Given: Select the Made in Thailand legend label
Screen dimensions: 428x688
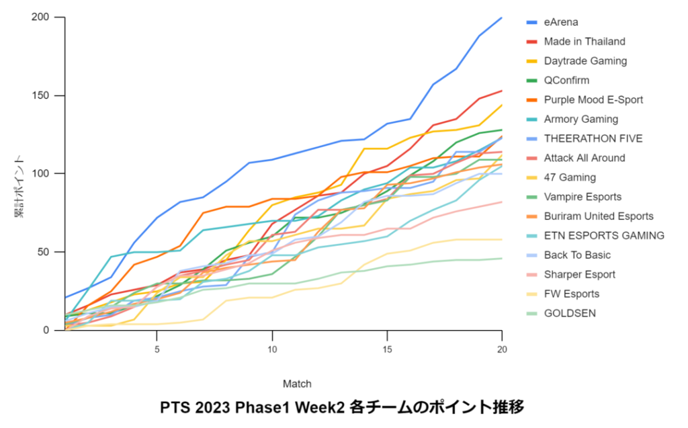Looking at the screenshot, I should [584, 42].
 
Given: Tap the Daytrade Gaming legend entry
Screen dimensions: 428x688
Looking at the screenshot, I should [585, 61].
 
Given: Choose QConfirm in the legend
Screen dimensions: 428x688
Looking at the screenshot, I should [566, 81].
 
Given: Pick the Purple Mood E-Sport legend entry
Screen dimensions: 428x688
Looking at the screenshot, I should [593, 100].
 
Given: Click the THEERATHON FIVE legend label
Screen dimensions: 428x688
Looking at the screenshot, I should [593, 139].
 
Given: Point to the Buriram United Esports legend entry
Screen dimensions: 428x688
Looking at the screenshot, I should [599, 216].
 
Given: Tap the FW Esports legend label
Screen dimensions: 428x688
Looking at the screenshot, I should [571, 294].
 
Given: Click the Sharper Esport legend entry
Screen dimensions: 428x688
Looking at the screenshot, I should [579, 274].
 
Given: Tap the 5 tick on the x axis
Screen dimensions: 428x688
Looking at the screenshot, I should [157, 349].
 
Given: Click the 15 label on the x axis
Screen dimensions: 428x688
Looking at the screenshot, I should [387, 349].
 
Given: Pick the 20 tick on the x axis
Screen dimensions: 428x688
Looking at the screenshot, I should [502, 349].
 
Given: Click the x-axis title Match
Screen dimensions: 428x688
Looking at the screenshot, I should [296, 384].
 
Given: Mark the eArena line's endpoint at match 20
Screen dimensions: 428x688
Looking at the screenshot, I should [502, 17].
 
